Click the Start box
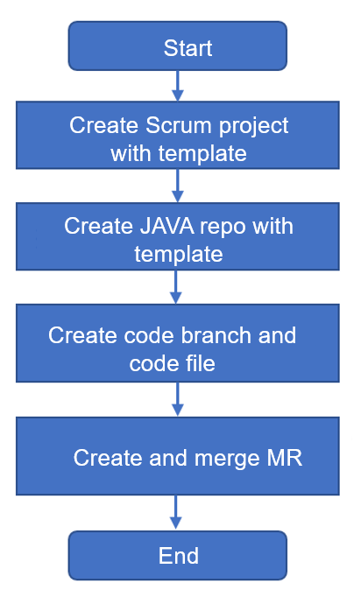pyautogui.click(x=177, y=46)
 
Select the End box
pyautogui.click(x=177, y=555)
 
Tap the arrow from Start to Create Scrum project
pyautogui.click(x=177, y=86)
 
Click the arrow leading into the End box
pyautogui.click(x=176, y=512)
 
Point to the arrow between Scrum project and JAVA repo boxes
pyautogui.click(x=177, y=186)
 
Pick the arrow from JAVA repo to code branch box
pyautogui.click(x=176, y=287)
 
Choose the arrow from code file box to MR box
pyautogui.click(x=177, y=399)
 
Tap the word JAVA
pyautogui.click(x=166, y=226)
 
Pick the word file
pyautogui.click(x=200, y=363)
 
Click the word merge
pyautogui.click(x=227, y=460)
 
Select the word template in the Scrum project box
pyautogui.click(x=202, y=154)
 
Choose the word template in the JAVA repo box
pyautogui.click(x=179, y=255)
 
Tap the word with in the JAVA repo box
pyautogui.click(x=273, y=226)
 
